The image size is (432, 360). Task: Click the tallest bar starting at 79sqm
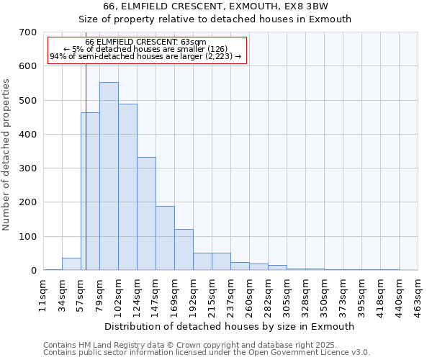pyautogui.click(x=109, y=176)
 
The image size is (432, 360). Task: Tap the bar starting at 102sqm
pyautogui.click(x=127, y=187)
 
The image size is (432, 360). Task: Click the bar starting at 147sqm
pyautogui.click(x=165, y=238)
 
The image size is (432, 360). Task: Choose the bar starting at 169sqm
pyautogui.click(x=184, y=250)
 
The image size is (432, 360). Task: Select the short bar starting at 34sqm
pyautogui.click(x=71, y=264)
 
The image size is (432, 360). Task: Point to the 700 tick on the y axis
pyautogui.click(x=28, y=32)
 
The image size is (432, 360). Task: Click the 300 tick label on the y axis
pyautogui.click(x=28, y=168)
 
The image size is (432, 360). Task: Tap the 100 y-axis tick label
pyautogui.click(x=28, y=237)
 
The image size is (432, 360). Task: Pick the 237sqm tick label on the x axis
pyautogui.click(x=230, y=294)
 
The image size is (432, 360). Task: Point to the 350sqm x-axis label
pyautogui.click(x=324, y=294)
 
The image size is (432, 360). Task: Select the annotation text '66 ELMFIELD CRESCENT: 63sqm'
pyautogui.click(x=145, y=43)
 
